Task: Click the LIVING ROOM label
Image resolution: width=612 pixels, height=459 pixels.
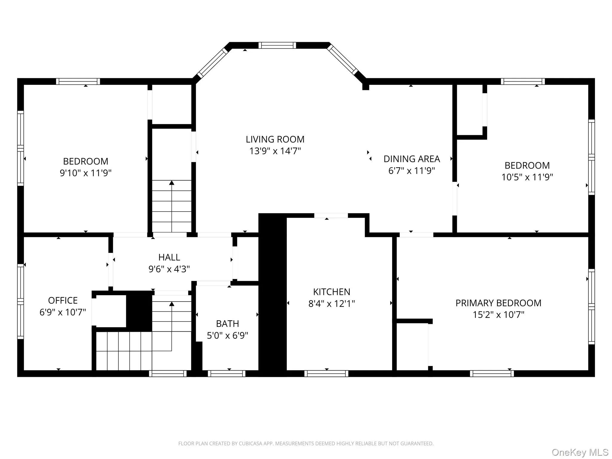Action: pos(275,139)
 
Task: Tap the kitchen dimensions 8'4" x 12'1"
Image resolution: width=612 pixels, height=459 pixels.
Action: pos(331,304)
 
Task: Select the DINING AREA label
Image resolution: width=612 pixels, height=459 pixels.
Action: pos(411,159)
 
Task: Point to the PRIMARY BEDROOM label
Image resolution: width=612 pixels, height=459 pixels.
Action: pos(498,303)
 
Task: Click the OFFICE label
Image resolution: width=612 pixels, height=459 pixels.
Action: pos(63,300)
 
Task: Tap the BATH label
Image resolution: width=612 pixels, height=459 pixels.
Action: pos(227,324)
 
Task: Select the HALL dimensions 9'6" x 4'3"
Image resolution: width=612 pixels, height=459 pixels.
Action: pos(169,269)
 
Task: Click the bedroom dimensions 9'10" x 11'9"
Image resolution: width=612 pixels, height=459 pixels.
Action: pos(85,173)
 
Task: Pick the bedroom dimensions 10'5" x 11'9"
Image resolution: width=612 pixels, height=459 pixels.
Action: pos(527,177)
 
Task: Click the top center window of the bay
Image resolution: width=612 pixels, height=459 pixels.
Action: pos(277,45)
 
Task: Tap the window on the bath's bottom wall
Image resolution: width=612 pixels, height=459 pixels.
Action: pos(227,374)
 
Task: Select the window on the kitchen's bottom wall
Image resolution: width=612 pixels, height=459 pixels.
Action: pos(326,374)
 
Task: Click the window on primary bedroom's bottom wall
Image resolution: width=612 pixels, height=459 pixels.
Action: pos(492,374)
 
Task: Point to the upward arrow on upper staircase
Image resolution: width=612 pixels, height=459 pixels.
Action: pos(172,183)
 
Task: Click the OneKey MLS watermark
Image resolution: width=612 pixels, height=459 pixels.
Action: pos(580,452)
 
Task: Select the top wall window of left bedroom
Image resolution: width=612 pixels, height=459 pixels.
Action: pos(78,82)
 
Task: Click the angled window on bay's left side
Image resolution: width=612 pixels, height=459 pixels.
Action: pos(213,63)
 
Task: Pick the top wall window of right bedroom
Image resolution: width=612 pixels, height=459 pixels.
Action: pos(523,82)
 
